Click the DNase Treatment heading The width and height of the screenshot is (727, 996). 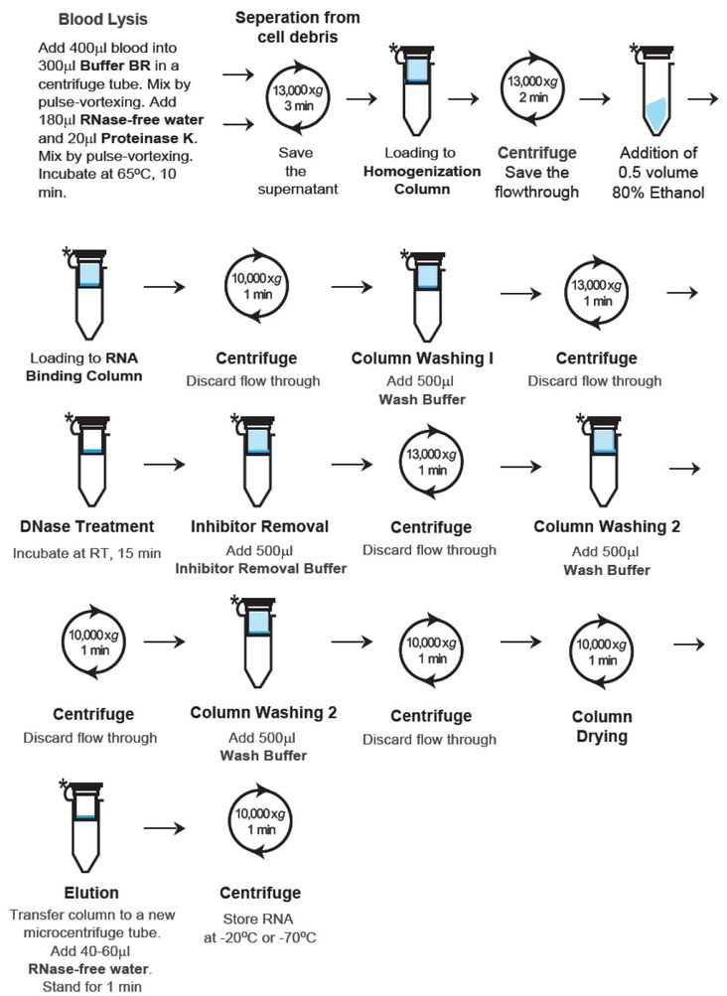(x=86, y=525)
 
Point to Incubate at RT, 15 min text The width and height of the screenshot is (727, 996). (x=86, y=551)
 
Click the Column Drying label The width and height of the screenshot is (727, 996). (x=602, y=727)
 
